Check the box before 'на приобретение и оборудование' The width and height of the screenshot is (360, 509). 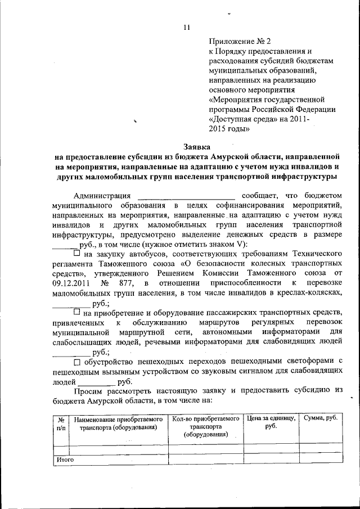pos(77,312)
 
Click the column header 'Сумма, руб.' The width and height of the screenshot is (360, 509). pos(320,419)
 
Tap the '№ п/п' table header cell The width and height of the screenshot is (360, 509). pos(61,424)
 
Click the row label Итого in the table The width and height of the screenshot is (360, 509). pos(66,460)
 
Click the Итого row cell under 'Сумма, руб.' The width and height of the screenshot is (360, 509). pos(320,460)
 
